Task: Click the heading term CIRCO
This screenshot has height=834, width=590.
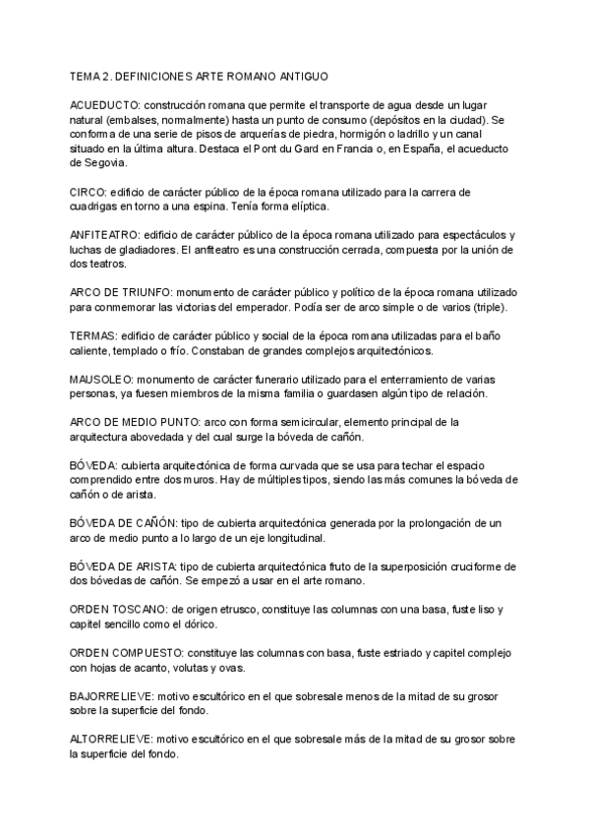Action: click(x=88, y=191)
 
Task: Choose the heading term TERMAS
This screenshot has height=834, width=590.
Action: click(x=91, y=336)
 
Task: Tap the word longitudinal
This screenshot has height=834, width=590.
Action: click(x=293, y=539)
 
